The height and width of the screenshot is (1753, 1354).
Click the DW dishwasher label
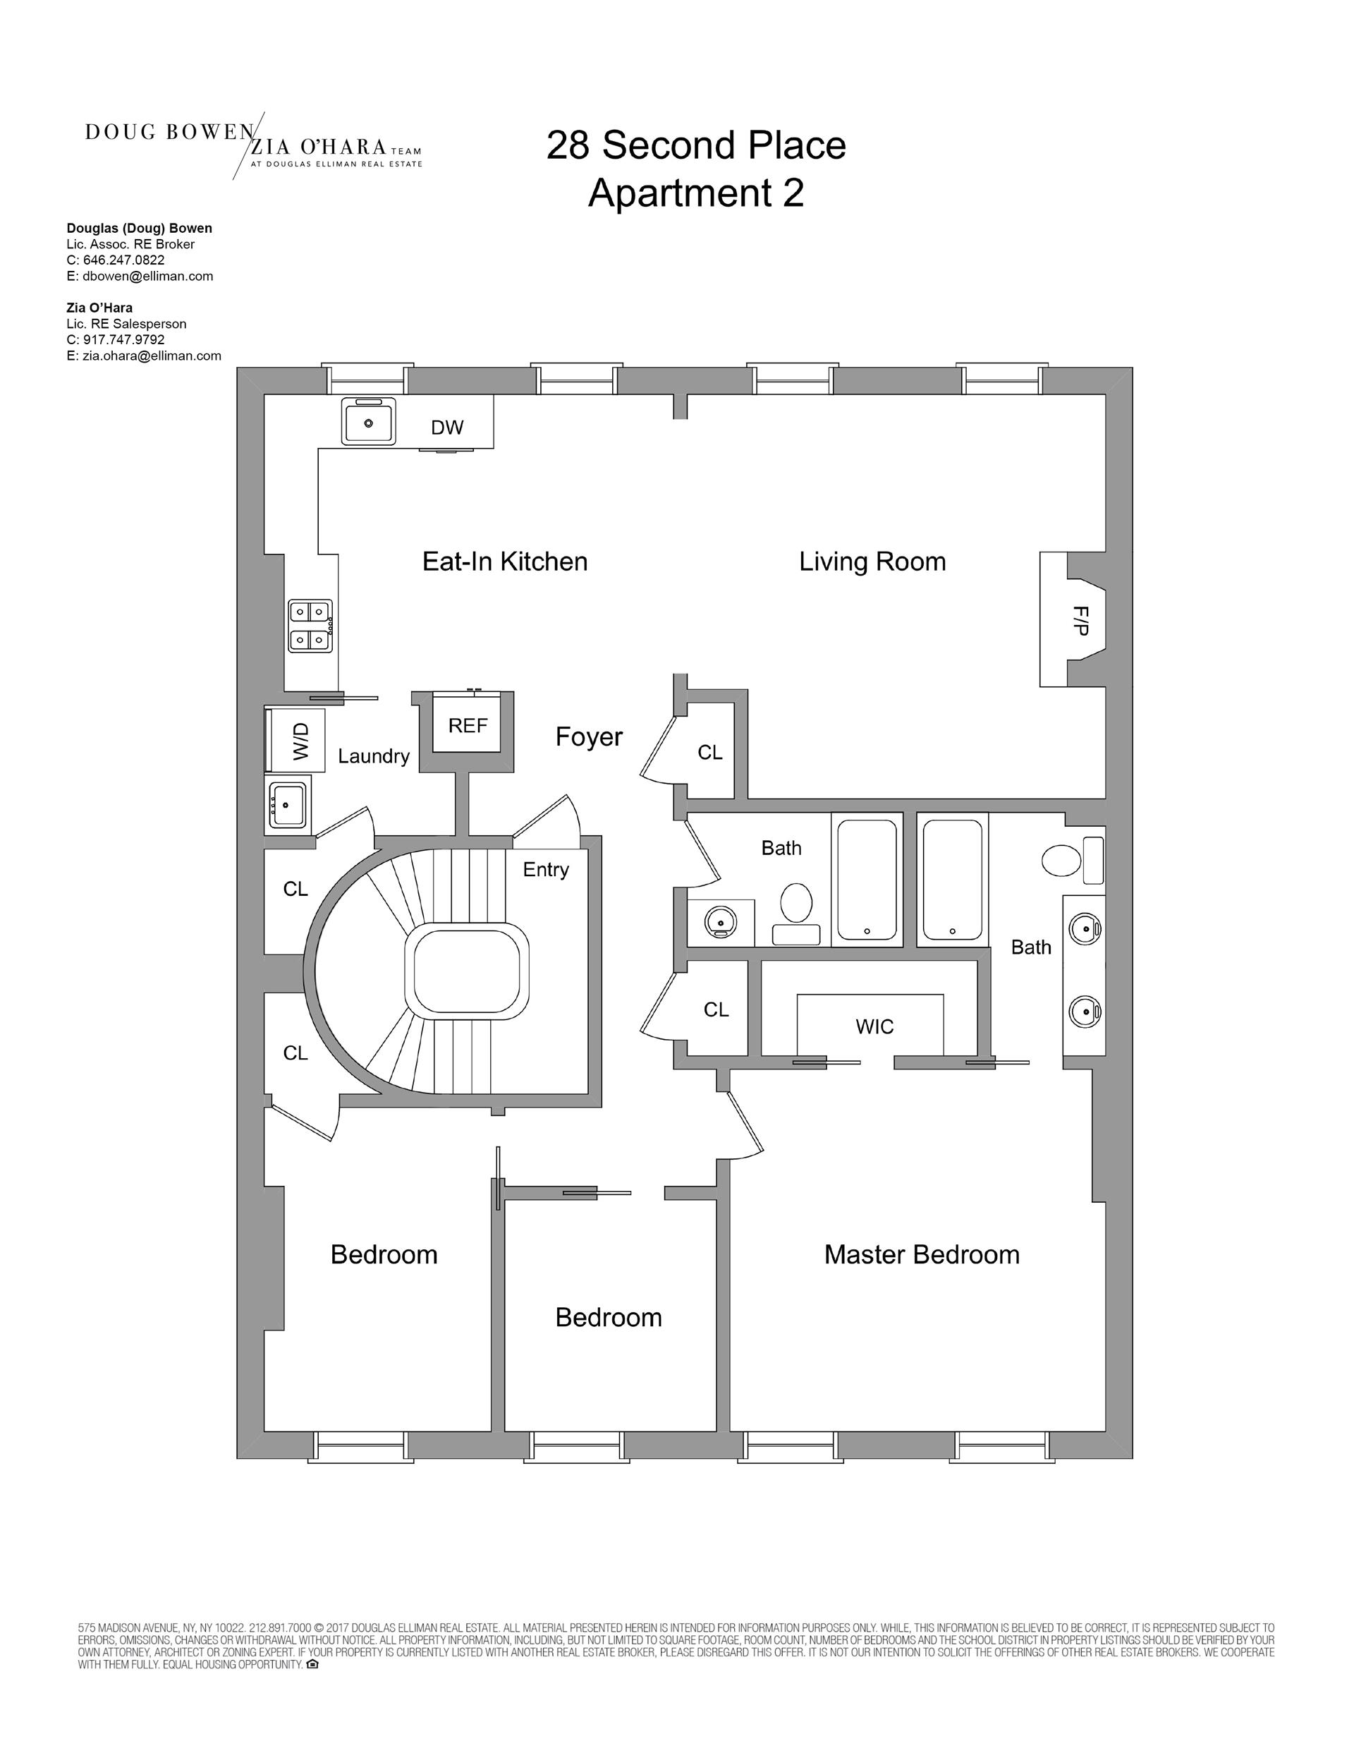447,427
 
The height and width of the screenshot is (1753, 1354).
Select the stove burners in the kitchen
310,626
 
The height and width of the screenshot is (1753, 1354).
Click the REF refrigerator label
468,726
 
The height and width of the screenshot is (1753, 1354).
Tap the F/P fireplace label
1080,621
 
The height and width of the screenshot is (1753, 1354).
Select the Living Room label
872,562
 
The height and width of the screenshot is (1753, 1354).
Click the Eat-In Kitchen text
505,562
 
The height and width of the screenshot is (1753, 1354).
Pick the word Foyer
589,737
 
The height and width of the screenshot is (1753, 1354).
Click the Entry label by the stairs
546,869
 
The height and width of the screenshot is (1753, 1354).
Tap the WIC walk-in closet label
874,1026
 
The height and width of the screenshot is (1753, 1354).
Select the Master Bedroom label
922,1254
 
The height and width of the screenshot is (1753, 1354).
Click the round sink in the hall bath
720,922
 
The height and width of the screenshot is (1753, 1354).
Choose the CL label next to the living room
709,752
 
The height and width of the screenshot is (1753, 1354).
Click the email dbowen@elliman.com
147,276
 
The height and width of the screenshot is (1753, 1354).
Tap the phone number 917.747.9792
123,339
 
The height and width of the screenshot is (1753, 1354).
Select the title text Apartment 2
696,193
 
